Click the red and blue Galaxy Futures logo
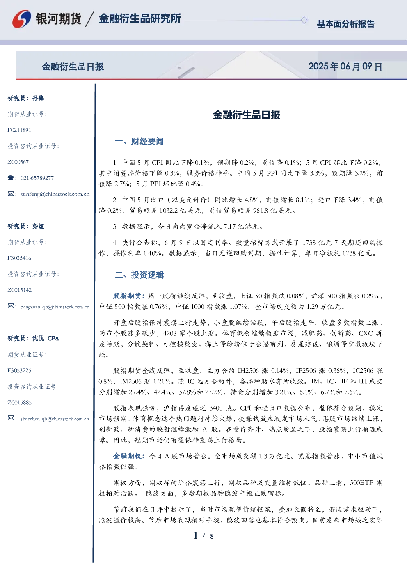pos(22,18)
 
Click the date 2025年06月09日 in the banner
pos(345,67)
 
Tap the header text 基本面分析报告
pos(345,24)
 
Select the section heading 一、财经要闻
pos(139,141)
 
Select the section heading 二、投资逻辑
pos(139,275)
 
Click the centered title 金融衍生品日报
pos(247,115)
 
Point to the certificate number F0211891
pos(19,130)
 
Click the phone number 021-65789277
pos(37,178)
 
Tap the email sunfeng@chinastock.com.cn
pos(55,194)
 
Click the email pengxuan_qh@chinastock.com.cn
pos(55,307)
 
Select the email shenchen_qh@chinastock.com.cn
pos(55,419)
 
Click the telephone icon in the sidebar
pos(11,178)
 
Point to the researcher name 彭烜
pos(38,226)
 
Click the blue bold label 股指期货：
pos(129,296)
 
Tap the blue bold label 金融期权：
pos(129,456)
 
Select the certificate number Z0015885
pos(20,403)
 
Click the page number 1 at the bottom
pos(196,536)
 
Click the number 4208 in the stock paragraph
pos(170,333)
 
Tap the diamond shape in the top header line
pos(304,20)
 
